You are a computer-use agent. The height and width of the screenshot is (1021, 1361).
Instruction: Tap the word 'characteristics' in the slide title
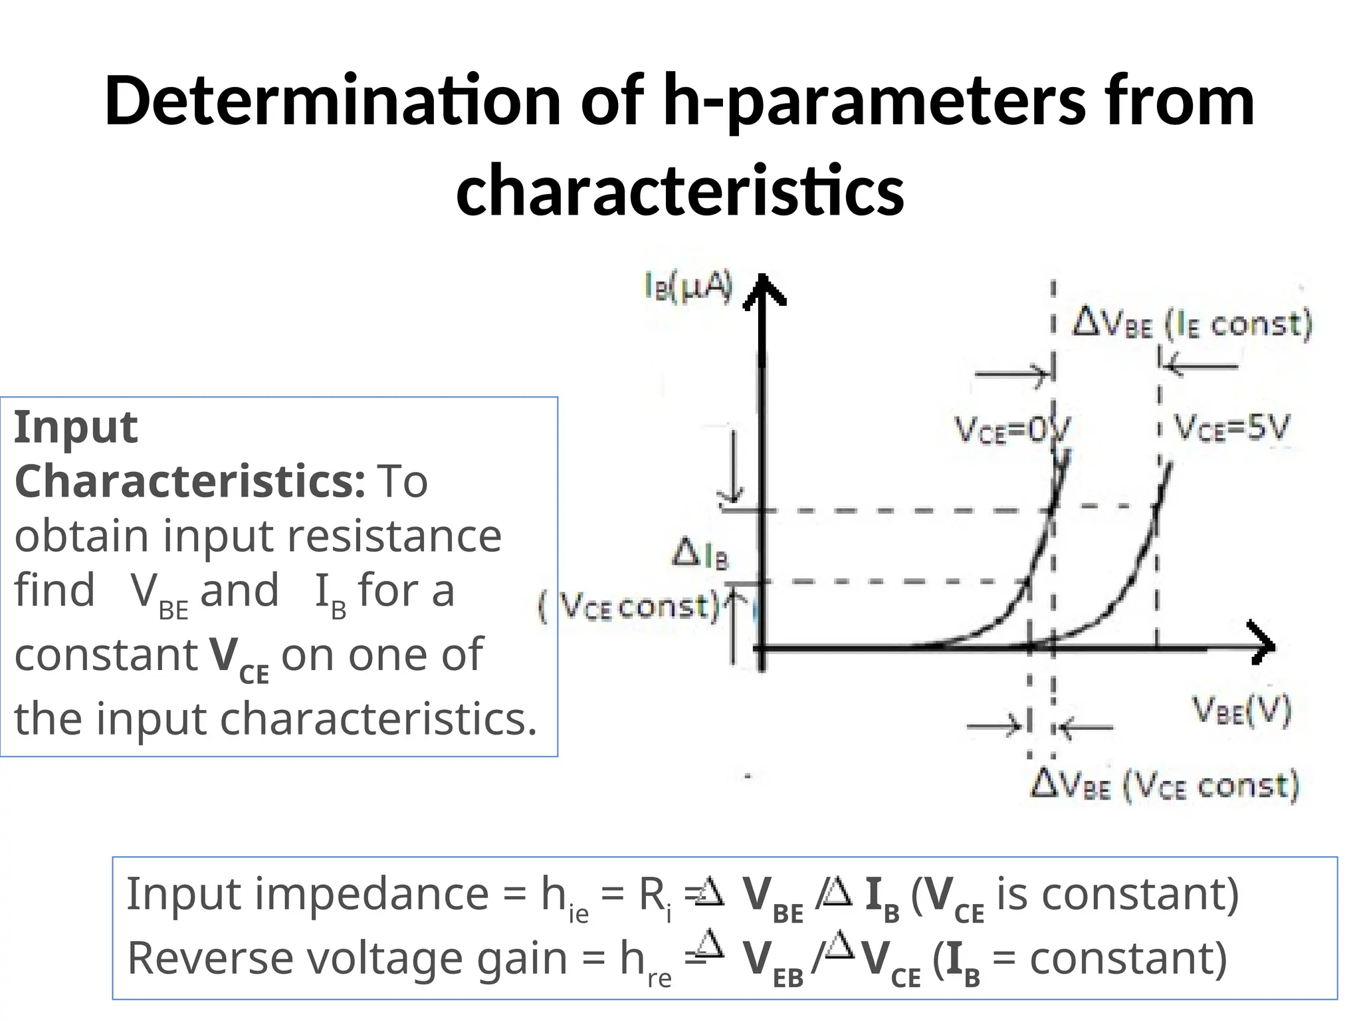680,191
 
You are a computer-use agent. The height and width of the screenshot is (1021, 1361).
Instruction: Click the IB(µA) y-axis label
688,288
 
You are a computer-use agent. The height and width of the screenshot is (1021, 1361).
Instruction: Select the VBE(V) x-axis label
1242,711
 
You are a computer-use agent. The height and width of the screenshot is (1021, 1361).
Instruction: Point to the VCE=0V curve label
1012,430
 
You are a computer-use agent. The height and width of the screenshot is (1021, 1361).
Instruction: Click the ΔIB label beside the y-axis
700,555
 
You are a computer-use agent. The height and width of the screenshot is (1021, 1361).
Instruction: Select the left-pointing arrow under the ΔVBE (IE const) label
1200,366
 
